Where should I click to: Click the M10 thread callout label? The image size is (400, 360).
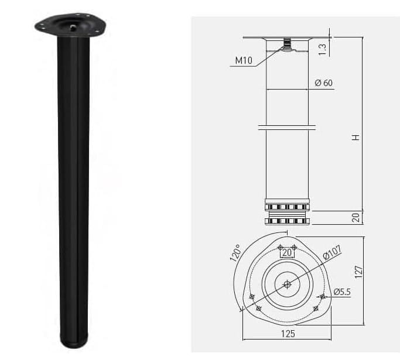tap(244, 60)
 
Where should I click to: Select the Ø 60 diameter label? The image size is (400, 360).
tap(323, 83)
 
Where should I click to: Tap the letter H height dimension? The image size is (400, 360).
tap(355, 137)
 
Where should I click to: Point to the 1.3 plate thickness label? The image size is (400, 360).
tap(323, 49)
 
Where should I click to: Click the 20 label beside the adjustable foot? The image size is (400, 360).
tap(355, 218)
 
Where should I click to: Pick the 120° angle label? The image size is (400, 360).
tap(235, 253)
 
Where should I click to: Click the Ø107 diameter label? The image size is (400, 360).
tap(332, 252)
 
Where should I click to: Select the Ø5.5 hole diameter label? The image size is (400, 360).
tap(343, 292)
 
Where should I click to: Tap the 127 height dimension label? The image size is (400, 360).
tap(358, 272)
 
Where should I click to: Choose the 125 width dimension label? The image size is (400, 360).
tap(288, 334)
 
